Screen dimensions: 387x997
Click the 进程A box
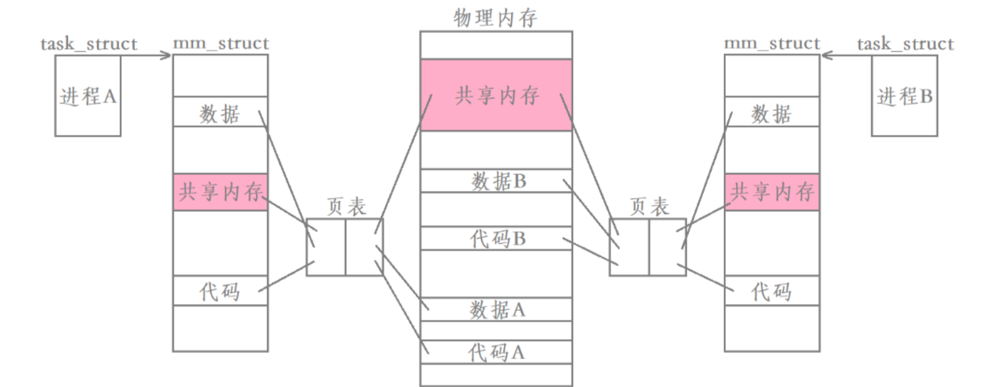[x=88, y=96]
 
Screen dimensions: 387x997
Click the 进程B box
[x=904, y=96]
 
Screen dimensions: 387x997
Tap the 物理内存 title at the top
[x=495, y=18]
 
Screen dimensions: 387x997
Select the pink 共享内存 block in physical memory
[x=496, y=95]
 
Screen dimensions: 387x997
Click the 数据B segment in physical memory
[x=496, y=181]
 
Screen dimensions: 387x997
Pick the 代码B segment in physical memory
[x=496, y=239]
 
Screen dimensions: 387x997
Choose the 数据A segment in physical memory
[x=496, y=309]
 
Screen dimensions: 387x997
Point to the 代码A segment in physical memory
[x=496, y=352]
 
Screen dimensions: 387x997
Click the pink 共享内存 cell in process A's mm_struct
[x=220, y=192]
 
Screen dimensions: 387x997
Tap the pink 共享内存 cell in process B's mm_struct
[x=772, y=192]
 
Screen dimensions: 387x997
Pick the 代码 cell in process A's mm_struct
[x=220, y=291]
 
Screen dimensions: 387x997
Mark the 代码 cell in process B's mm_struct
[x=772, y=291]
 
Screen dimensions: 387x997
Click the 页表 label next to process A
[x=347, y=207]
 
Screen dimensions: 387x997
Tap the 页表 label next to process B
[x=649, y=207]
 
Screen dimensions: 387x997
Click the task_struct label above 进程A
[x=89, y=44]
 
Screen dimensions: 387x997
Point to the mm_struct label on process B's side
[x=772, y=43]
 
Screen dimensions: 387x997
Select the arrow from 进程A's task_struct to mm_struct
[x=146, y=56]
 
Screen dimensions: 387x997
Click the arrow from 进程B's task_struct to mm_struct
[x=846, y=56]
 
